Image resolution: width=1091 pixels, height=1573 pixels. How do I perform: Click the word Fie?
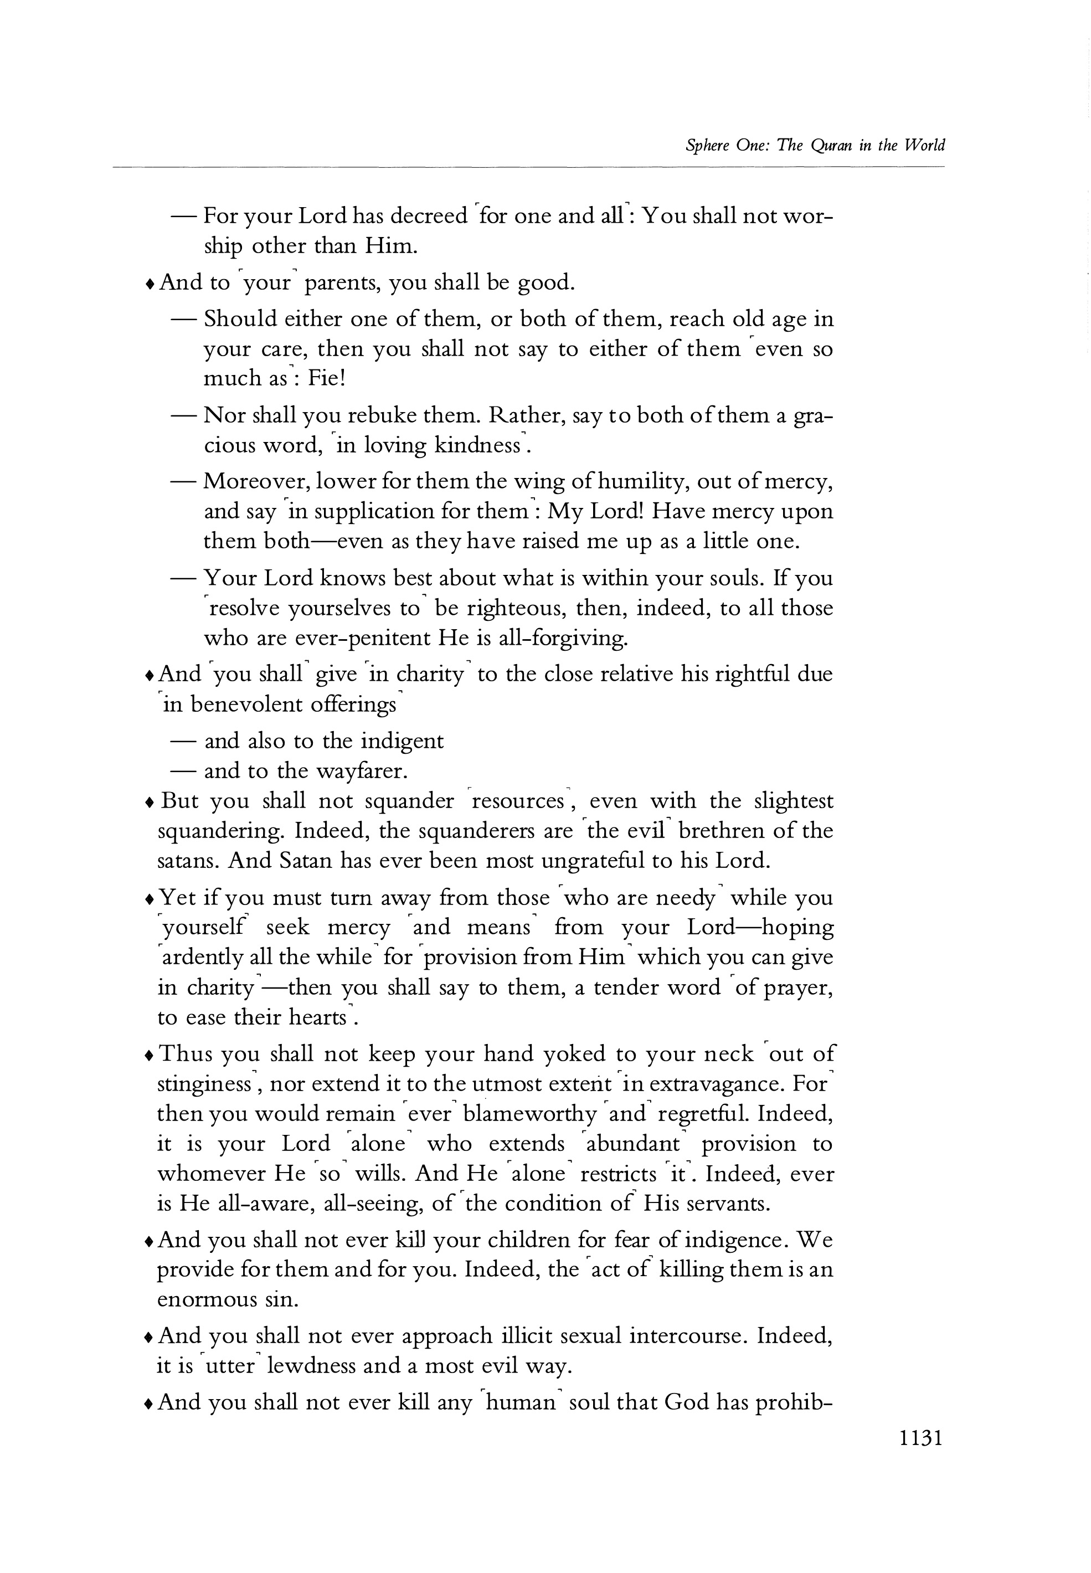(x=327, y=378)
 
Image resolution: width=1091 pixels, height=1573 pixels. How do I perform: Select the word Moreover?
(x=259, y=482)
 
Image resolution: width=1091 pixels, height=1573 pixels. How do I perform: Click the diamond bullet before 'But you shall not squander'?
(x=149, y=803)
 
